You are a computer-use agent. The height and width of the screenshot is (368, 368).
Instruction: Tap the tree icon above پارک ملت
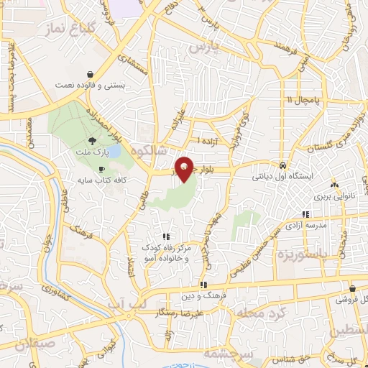[x=91, y=142]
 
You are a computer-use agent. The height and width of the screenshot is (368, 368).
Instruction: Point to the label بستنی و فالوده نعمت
[x=90, y=85]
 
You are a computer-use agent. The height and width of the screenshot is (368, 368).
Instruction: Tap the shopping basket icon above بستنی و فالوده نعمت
[x=90, y=74]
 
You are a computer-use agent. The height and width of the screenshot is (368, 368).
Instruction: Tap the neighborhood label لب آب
[x=126, y=305]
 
